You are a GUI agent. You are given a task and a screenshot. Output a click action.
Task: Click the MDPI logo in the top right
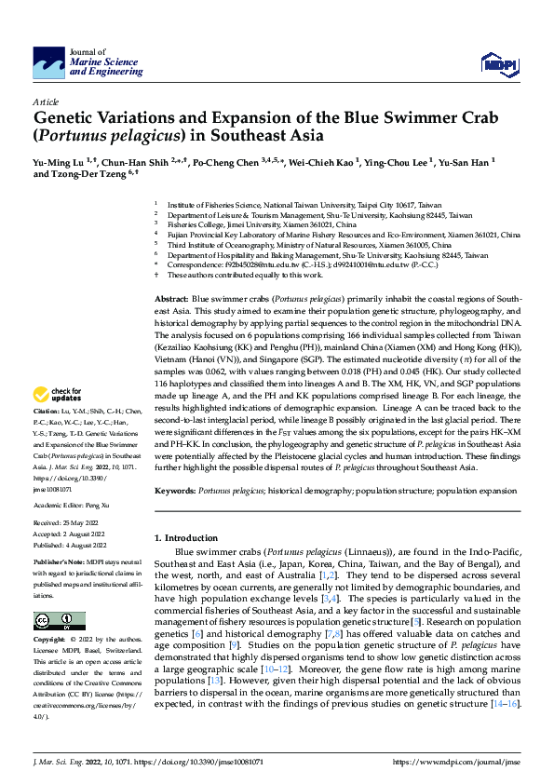(x=496, y=62)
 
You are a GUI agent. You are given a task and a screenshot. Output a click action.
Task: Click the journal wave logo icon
(x=49, y=61)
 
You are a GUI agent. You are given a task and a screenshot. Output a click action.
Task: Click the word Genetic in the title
(x=70, y=118)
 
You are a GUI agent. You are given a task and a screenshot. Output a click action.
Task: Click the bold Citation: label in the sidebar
(x=46, y=436)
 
